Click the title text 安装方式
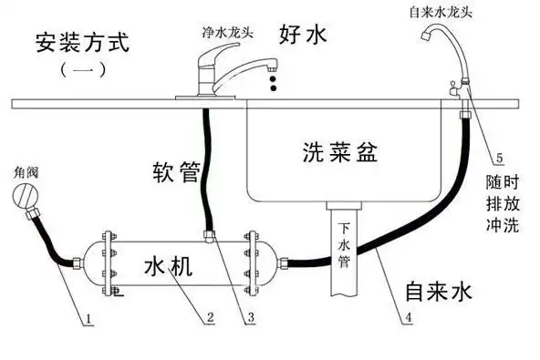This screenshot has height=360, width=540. click(83, 42)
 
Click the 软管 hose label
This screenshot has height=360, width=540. click(175, 171)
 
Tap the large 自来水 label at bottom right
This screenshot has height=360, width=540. click(439, 291)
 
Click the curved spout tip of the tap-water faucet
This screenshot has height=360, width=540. click(425, 38)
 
